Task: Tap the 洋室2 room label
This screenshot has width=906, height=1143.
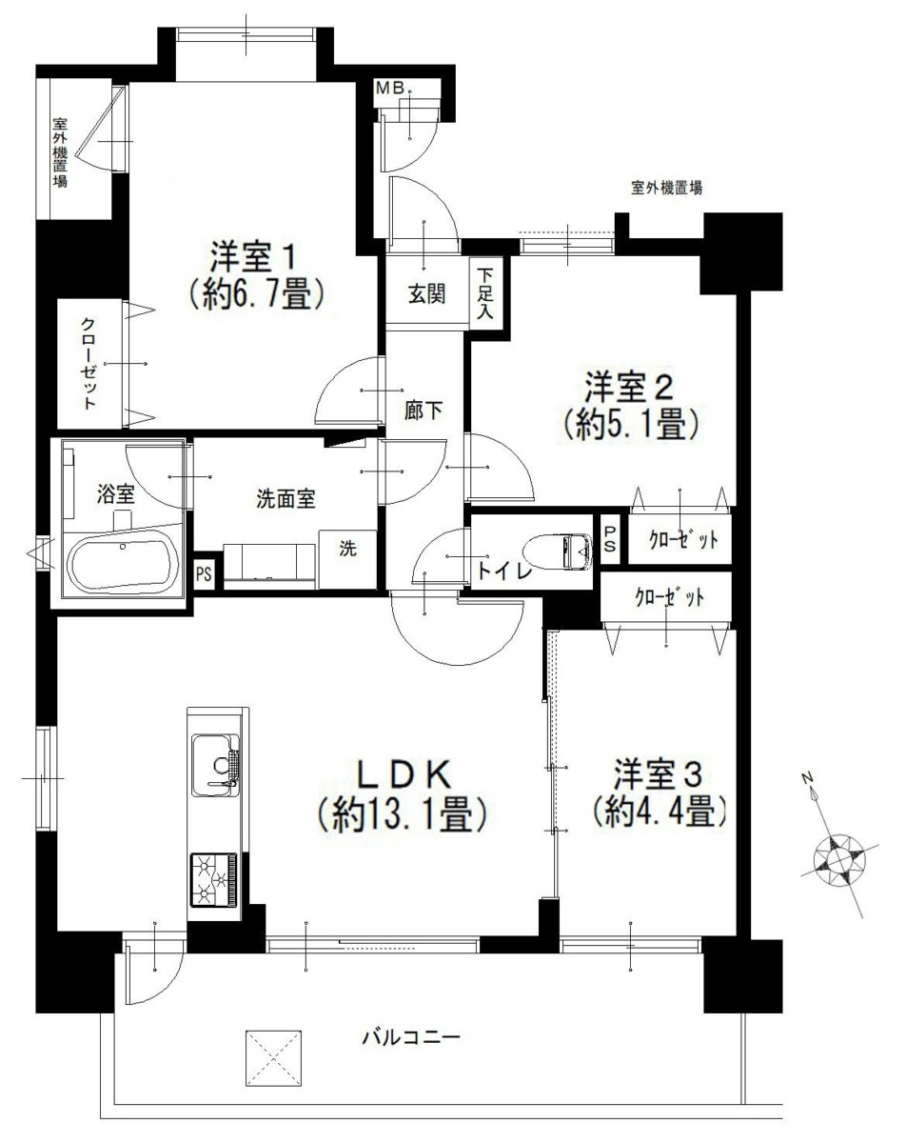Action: [x=630, y=388]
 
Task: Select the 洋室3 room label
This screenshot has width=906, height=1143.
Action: [x=659, y=774]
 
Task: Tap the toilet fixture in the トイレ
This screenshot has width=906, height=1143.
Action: [x=558, y=552]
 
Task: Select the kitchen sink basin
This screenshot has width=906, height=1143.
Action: [x=215, y=766]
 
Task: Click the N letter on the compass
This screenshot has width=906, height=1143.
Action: [x=807, y=778]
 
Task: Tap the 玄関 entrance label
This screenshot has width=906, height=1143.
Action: [x=426, y=293]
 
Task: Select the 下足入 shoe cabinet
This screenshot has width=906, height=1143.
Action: [x=486, y=293]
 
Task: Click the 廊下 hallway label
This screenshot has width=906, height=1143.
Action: [x=423, y=411]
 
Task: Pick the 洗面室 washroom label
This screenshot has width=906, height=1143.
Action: [x=286, y=499]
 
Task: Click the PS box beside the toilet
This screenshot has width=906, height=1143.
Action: [x=610, y=539]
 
